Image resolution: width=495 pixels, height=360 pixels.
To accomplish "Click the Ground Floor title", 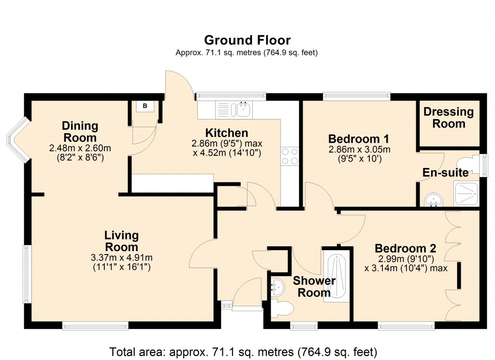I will (247, 40).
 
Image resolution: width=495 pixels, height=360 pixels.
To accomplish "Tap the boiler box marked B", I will (145, 106).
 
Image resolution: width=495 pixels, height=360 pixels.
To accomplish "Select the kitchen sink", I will (241, 110).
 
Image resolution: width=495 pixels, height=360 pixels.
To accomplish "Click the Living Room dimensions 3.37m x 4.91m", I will (121, 257).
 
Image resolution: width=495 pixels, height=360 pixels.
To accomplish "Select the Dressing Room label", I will (449, 118).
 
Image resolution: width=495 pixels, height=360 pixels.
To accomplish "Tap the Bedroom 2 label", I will (406, 249).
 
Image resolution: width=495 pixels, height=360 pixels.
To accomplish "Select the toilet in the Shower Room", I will (283, 308).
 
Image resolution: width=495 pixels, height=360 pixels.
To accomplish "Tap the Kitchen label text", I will (226, 133).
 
